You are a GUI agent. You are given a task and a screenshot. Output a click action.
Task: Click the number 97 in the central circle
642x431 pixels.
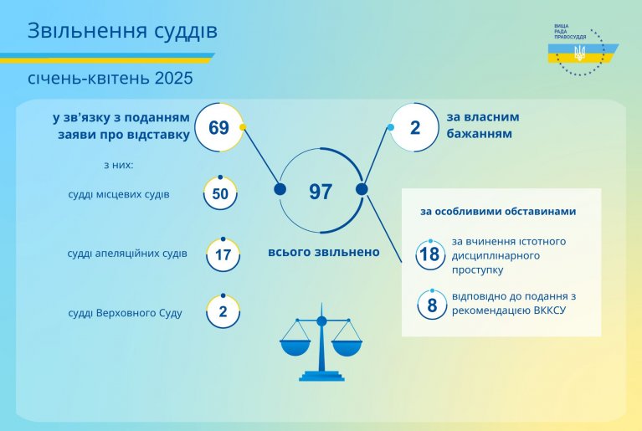click(321, 192)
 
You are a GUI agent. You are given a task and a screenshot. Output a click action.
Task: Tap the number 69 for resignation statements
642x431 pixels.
click(218, 128)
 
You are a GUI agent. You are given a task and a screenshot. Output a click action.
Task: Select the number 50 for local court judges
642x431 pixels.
click(220, 193)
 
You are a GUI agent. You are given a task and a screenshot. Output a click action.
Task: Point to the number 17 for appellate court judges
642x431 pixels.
click(223, 255)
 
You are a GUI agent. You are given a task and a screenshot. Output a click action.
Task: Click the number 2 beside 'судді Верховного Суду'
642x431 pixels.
click(223, 311)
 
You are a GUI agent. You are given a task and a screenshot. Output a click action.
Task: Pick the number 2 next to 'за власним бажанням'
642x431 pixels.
click(415, 128)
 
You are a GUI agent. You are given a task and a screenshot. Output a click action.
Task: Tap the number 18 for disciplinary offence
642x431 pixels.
click(430, 254)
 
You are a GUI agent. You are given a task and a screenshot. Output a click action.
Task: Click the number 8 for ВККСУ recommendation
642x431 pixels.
click(432, 305)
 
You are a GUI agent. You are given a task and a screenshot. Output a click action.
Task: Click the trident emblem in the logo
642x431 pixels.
click(579, 53)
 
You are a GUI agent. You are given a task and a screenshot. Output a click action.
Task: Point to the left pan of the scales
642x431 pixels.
click(295, 347)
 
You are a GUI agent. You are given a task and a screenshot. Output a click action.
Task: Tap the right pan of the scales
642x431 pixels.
click(347, 347)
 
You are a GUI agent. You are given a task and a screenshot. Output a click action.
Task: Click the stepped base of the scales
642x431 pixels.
click(321, 376)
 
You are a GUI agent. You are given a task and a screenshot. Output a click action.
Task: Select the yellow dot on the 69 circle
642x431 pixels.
click(243, 127)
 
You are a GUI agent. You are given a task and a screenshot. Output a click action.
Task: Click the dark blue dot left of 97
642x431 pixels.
click(280, 189)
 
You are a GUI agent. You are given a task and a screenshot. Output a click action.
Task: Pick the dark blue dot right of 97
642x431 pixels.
click(362, 189)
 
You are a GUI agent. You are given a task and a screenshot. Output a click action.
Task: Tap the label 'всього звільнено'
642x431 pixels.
click(324, 252)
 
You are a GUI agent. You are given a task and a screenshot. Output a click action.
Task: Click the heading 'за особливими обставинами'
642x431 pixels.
click(498, 211)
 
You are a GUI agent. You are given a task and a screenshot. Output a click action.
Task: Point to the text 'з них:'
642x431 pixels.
click(119, 165)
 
